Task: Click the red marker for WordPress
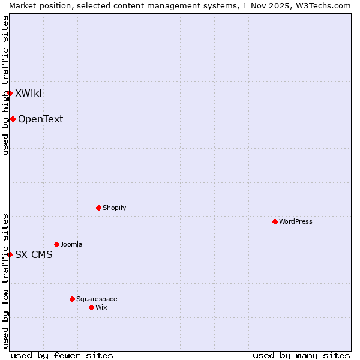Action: pyautogui.click(x=275, y=221)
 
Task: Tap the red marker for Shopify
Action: pyautogui.click(x=98, y=208)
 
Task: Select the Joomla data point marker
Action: pyautogui.click(x=56, y=244)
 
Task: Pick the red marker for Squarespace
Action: pyautogui.click(x=72, y=299)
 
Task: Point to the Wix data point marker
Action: pyautogui.click(x=91, y=307)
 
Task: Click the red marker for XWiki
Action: pyautogui.click(x=10, y=93)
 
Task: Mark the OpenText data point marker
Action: pyautogui.click(x=13, y=119)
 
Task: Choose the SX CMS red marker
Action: pyautogui.click(x=10, y=254)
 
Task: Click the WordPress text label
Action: pyautogui.click(x=296, y=221)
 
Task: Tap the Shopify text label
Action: pyautogui.click(x=115, y=208)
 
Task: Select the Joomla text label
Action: pyautogui.click(x=71, y=244)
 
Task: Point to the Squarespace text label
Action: pyautogui.click(x=97, y=299)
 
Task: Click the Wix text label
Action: pyautogui.click(x=101, y=307)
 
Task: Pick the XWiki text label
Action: pyautogui.click(x=28, y=93)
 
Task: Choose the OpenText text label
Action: pyautogui.click(x=40, y=119)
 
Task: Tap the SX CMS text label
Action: pyautogui.click(x=34, y=254)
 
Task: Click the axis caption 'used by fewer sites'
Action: pyautogui.click(x=62, y=355)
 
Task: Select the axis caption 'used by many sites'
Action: pyautogui.click(x=301, y=355)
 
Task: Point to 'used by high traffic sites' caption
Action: pyautogui.click(x=5, y=85)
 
